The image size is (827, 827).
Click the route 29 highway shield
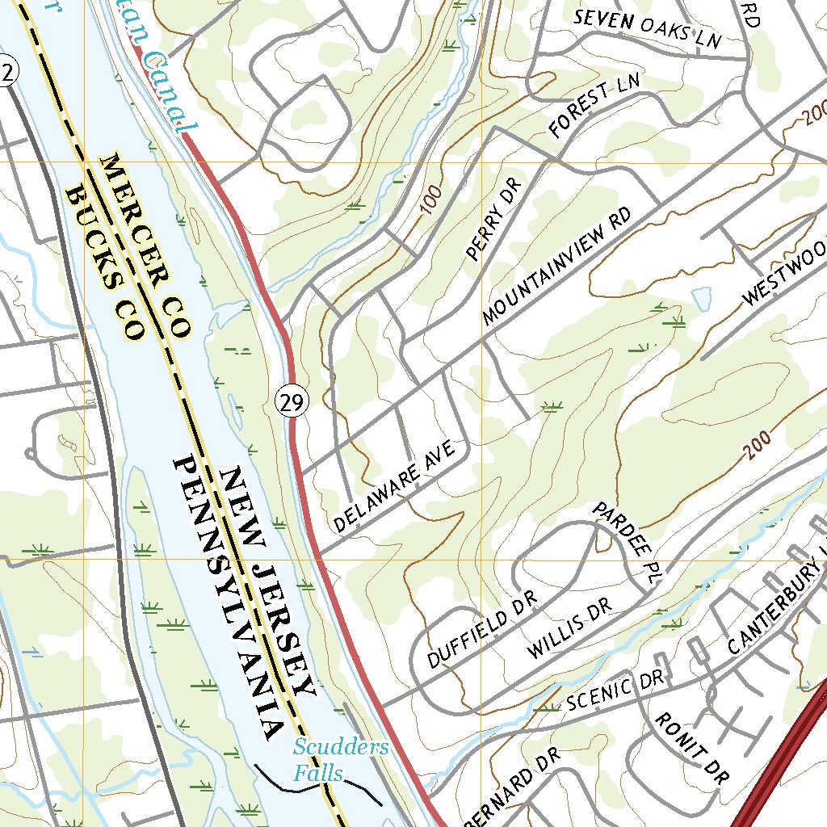pyautogui.click(x=292, y=401)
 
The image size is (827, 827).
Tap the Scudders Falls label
pyautogui.click(x=340, y=760)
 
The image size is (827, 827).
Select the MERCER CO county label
pyautogui.click(x=145, y=246)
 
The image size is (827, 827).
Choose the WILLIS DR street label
pyautogui.click(x=569, y=627)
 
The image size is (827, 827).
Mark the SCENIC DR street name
pyautogui.click(x=615, y=690)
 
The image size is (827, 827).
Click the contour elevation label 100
pyautogui.click(x=432, y=198)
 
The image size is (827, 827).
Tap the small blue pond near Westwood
pyautogui.click(x=701, y=298)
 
